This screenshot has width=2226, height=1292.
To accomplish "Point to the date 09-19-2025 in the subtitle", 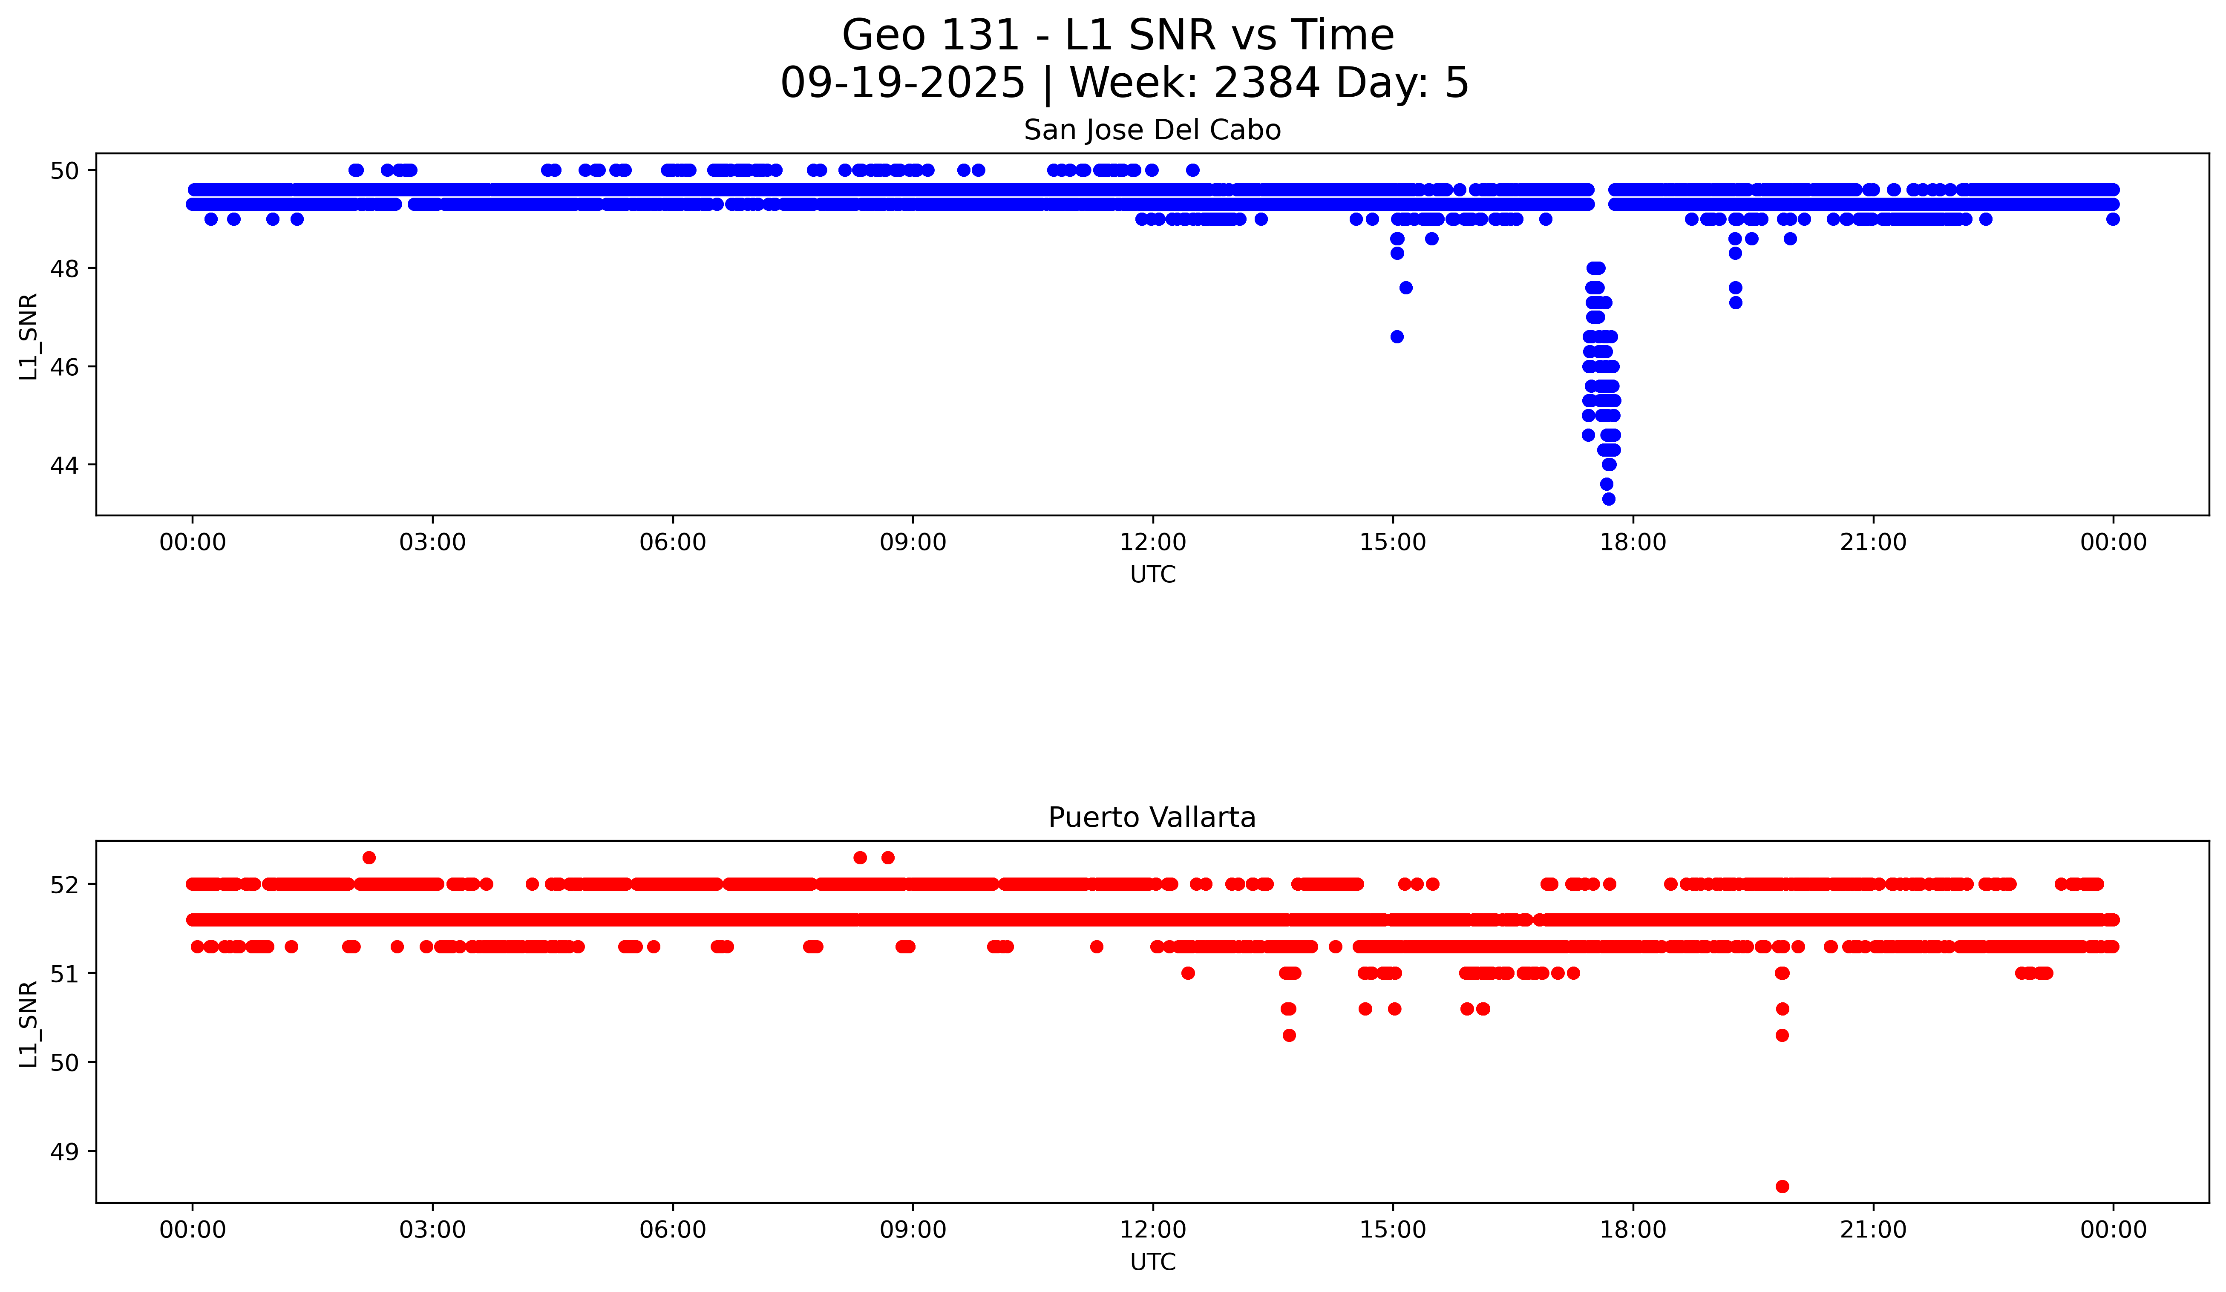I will [902, 83].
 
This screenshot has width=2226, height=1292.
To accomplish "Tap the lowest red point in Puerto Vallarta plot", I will [1782, 1186].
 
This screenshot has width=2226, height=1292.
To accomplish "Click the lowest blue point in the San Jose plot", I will [1609, 499].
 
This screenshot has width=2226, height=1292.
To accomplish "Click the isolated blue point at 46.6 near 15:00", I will [1397, 337].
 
